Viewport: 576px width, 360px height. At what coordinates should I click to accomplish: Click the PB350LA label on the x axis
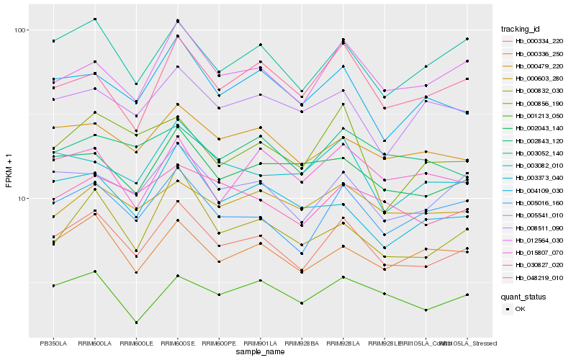53,343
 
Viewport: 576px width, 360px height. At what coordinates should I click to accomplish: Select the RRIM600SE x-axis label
177,343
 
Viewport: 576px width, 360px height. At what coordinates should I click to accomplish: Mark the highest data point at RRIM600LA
95,19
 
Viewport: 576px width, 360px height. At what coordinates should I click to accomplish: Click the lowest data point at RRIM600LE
136,323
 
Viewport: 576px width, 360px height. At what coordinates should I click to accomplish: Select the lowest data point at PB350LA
53,286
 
